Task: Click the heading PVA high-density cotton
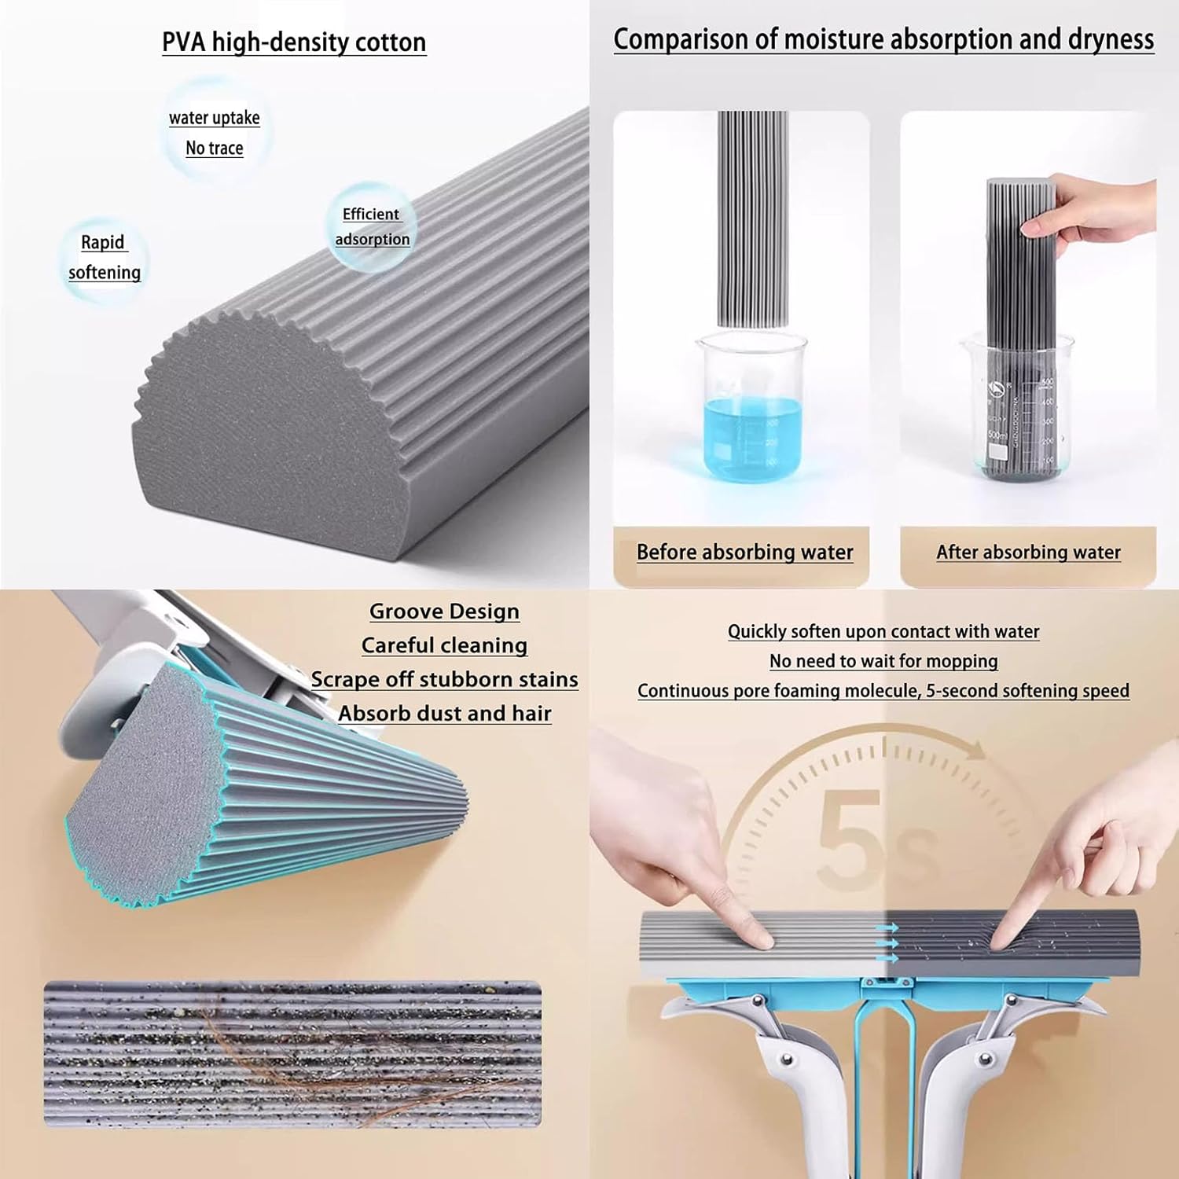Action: pos(294,42)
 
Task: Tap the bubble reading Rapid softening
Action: pos(104,258)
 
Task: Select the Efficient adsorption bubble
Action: pos(372,227)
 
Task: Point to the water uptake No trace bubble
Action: pos(215,133)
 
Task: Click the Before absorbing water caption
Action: pos(744,553)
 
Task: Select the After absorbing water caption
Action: pos(1027,553)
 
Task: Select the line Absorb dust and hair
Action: pos(444,714)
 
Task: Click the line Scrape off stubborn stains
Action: pos(444,680)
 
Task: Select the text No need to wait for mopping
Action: pos(883,662)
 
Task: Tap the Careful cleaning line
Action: pos(444,646)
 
